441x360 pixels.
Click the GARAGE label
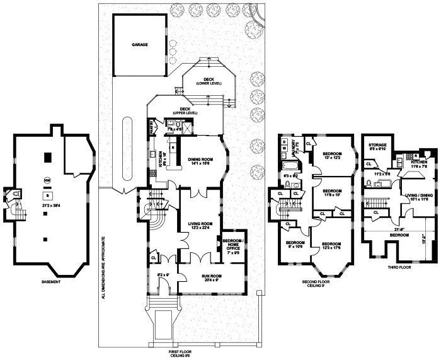point(139,45)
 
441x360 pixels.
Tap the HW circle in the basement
point(47,181)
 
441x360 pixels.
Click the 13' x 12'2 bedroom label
point(332,155)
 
